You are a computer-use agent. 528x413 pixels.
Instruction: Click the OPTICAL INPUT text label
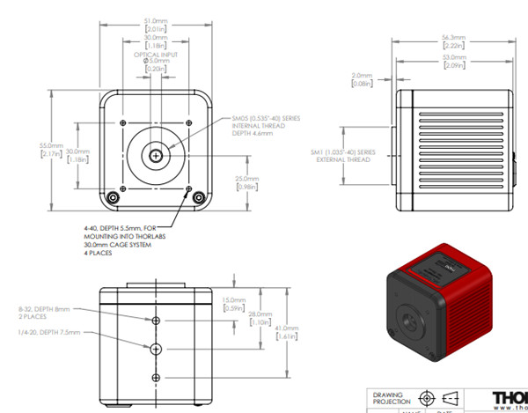coord(156,55)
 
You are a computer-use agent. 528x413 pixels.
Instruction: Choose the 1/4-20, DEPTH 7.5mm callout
coord(48,333)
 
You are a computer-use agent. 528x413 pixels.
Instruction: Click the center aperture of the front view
coord(156,155)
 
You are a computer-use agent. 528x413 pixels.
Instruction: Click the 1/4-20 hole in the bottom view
coord(156,349)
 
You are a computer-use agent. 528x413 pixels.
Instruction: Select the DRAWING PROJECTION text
coord(391,399)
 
